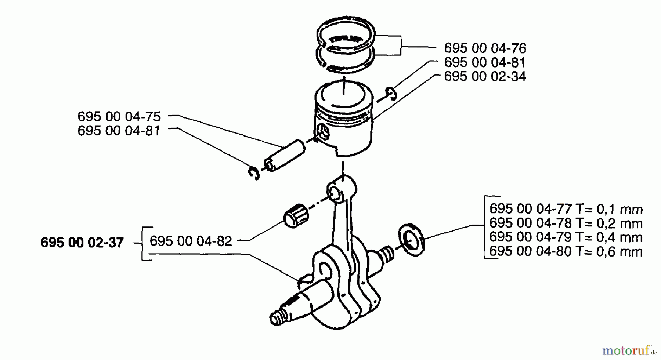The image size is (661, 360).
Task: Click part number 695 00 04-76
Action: (485, 48)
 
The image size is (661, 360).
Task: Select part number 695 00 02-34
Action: (485, 76)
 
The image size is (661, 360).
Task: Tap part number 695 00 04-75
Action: (119, 116)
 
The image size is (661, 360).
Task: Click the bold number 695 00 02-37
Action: (82, 243)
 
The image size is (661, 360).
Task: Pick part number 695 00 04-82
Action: (191, 241)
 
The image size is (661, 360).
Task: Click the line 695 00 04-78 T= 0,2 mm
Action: (566, 223)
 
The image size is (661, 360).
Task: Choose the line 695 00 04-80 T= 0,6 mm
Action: (566, 252)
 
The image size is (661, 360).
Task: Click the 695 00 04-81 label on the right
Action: (485, 62)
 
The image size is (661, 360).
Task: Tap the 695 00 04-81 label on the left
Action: (119, 131)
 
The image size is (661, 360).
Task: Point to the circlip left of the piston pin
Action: (253, 173)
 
